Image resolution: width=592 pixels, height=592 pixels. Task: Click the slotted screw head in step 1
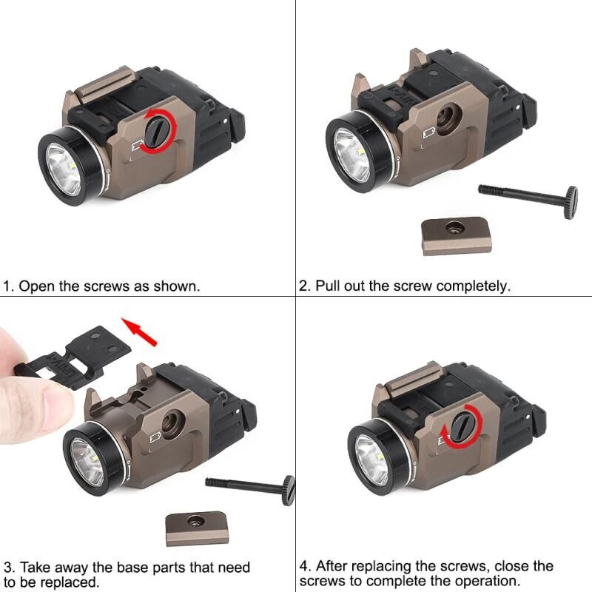pos(158,131)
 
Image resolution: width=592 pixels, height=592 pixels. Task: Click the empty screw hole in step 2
pos(448,119)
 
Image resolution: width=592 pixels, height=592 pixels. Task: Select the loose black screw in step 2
pos(528,199)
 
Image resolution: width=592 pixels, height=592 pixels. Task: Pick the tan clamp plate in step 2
pos(457,235)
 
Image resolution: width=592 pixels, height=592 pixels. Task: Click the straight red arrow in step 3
pos(138,332)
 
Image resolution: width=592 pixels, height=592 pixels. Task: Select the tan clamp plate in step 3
pos(197,528)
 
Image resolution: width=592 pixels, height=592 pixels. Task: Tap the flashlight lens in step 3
pos(87,463)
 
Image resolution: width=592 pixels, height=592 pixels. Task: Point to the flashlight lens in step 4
pos(373,460)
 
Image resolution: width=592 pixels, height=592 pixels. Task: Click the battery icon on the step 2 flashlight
pos(429,133)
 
